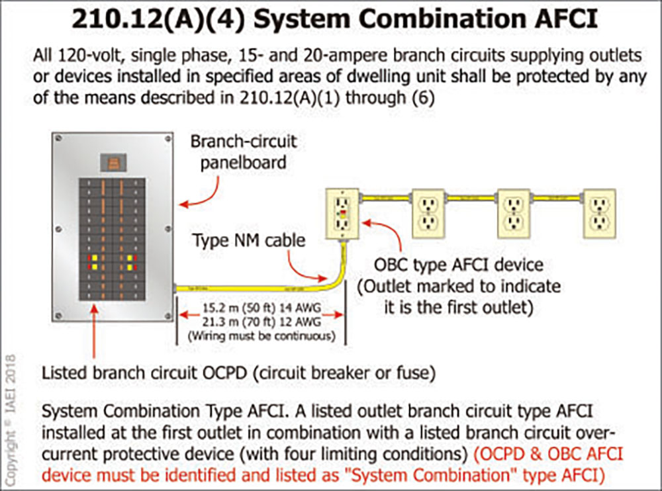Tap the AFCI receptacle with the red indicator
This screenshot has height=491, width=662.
click(342, 212)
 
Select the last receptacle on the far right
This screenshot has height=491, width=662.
click(599, 213)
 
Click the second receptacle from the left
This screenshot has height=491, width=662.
click(428, 213)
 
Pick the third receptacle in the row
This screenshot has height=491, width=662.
click(514, 213)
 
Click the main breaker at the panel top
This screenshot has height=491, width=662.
click(113, 162)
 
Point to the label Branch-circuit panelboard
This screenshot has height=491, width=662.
click(243, 152)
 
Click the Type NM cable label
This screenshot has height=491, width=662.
click(249, 240)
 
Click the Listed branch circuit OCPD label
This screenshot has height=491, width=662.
click(238, 373)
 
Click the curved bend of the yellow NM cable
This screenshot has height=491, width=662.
click(334, 278)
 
